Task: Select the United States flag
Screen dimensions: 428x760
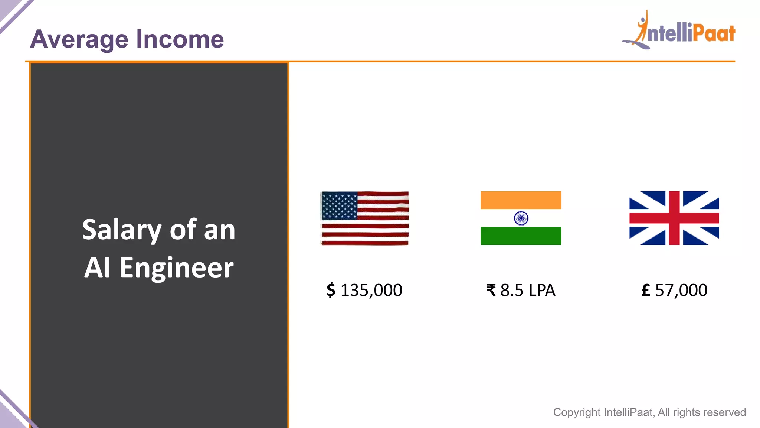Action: click(365, 218)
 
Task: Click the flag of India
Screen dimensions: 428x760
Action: click(521, 218)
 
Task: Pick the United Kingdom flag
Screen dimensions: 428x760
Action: click(674, 218)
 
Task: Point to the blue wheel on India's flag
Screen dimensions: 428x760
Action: click(521, 218)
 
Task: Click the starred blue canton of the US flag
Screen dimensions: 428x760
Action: click(339, 205)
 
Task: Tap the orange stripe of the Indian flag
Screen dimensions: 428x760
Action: click(521, 200)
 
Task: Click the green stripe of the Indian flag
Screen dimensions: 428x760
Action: click(521, 236)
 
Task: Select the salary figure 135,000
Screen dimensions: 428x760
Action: click(371, 290)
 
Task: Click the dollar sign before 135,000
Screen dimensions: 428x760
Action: click(331, 290)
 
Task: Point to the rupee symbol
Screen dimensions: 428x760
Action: click(491, 290)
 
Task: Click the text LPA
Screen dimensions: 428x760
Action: click(542, 290)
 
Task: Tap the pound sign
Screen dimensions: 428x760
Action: click(646, 290)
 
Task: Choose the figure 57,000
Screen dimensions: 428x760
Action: click(681, 290)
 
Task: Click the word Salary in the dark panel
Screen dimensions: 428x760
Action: click(122, 230)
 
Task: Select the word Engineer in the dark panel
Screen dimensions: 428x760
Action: click(177, 267)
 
